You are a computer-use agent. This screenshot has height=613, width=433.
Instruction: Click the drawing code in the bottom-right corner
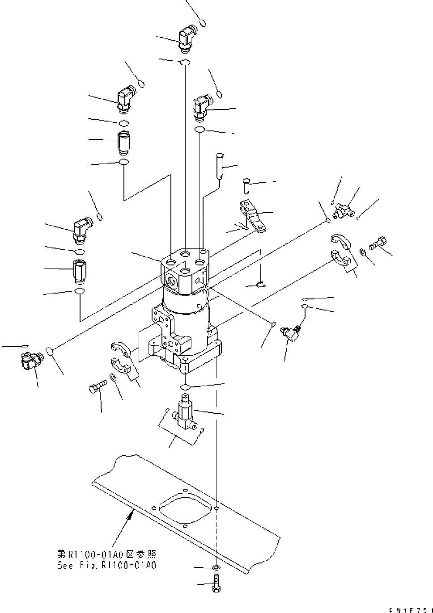pyautogui.click(x=411, y=609)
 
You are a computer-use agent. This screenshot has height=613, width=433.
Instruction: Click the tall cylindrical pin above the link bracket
pyautogui.click(x=219, y=165)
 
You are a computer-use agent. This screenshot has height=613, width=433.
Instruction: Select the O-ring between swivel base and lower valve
pyautogui.click(x=187, y=386)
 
